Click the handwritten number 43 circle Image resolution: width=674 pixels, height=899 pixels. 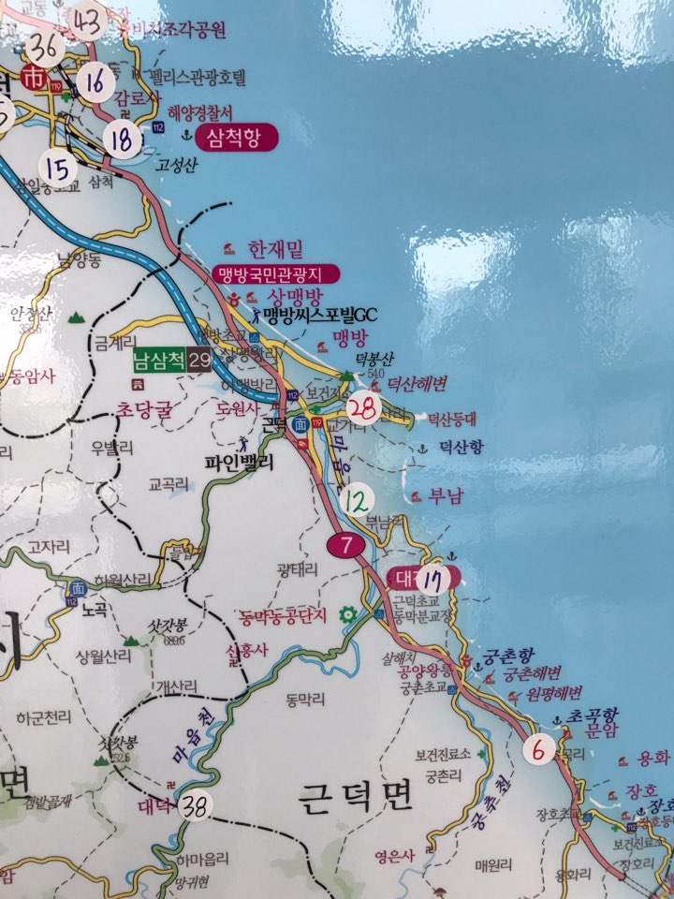coord(86,21)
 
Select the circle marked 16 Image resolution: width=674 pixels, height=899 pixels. coord(95,82)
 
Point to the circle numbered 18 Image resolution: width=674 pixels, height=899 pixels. coord(122,140)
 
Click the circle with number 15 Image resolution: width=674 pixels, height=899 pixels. coord(58,169)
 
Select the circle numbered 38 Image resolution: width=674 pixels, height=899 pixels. coord(195,806)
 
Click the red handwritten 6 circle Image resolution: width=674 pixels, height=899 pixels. coord(537,749)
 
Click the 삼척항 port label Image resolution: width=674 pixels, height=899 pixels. coord(238,139)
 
